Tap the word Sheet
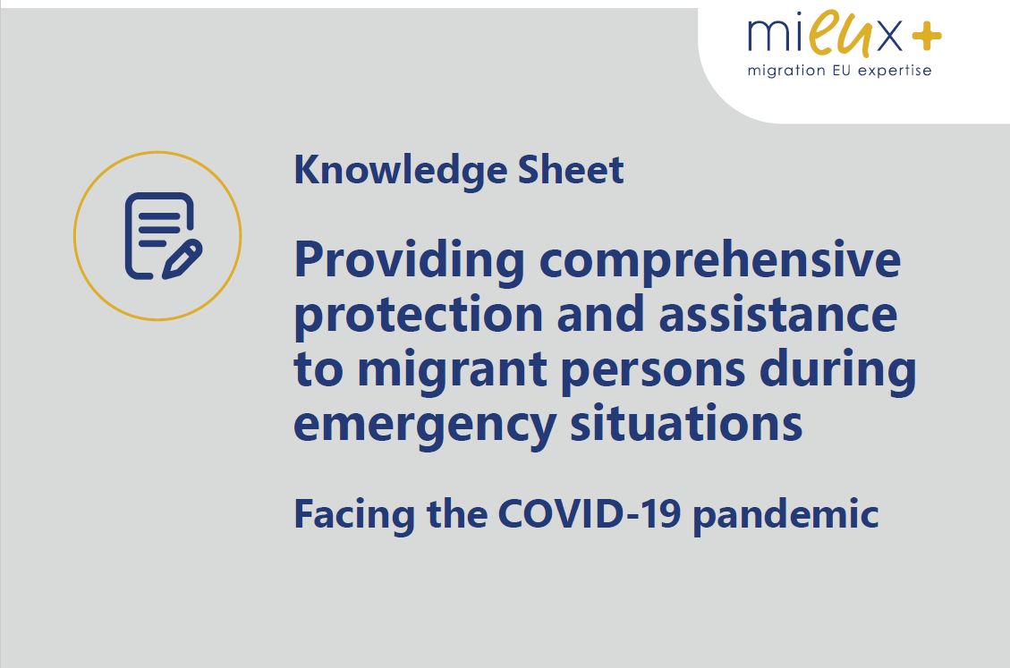click(571, 170)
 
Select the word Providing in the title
click(409, 261)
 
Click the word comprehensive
click(719, 261)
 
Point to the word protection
click(419, 316)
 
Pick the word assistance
click(777, 314)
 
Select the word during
click(837, 370)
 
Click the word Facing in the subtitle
click(354, 515)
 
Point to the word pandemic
click(785, 515)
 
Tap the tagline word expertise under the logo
click(895, 71)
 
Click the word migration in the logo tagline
click(786, 71)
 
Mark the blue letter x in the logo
click(890, 36)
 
